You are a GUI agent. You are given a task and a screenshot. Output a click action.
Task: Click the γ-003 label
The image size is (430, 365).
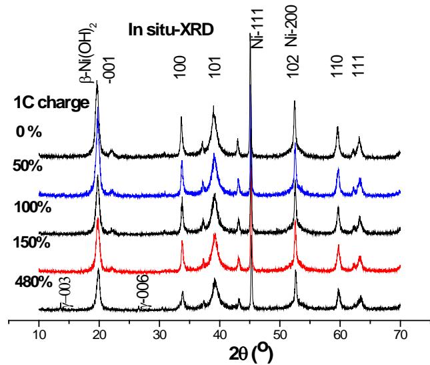65,294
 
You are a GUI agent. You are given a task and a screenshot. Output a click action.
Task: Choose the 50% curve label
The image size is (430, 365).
27,165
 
